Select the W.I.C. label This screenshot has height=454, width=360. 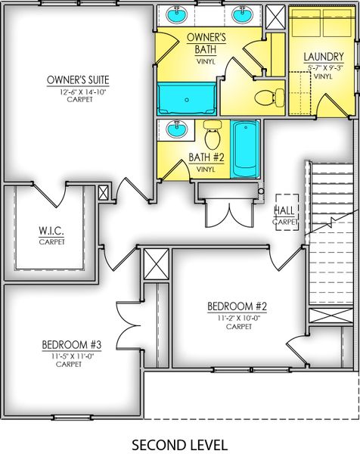coord(51,231)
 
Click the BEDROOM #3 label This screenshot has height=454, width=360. coord(72,345)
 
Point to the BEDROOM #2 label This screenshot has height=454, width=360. coord(238,306)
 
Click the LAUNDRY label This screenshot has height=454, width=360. coord(323,57)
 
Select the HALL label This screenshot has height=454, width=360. coord(284,210)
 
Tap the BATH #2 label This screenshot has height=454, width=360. coord(206,158)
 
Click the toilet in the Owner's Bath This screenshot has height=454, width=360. coord(268,97)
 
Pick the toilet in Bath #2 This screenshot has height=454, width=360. coord(213,137)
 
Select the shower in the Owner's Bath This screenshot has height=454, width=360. coord(187,99)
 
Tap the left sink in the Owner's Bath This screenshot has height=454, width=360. coord(180,15)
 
